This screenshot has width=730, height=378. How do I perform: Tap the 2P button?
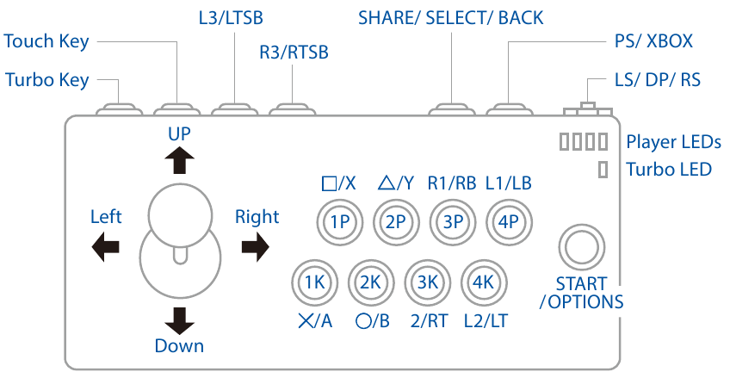coord(396,220)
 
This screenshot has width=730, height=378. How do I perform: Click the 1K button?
coord(313,282)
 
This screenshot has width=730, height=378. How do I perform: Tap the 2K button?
coord(369,282)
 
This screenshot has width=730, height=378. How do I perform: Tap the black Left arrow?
coord(105,247)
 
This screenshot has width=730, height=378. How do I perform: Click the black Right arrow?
coord(255,247)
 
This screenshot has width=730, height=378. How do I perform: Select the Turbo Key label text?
coord(46,81)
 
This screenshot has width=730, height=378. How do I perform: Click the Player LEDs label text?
coord(673,142)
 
